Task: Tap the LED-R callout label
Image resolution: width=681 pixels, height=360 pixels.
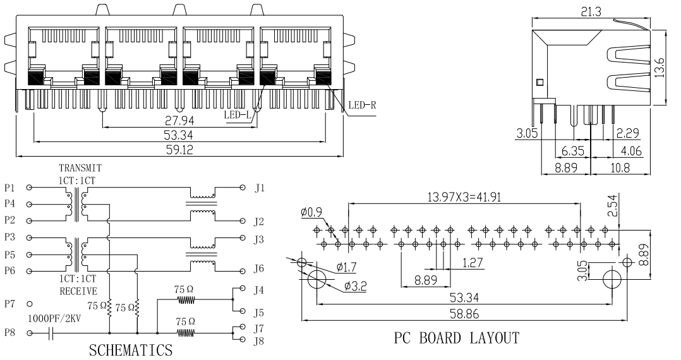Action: point(363,105)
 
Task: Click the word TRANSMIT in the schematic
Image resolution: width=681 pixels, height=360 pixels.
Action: point(80,169)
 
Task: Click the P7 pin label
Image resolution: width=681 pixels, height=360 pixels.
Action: point(9,304)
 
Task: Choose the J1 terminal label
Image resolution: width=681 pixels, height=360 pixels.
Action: point(260,188)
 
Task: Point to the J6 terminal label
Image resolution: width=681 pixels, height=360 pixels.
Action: point(260,268)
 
